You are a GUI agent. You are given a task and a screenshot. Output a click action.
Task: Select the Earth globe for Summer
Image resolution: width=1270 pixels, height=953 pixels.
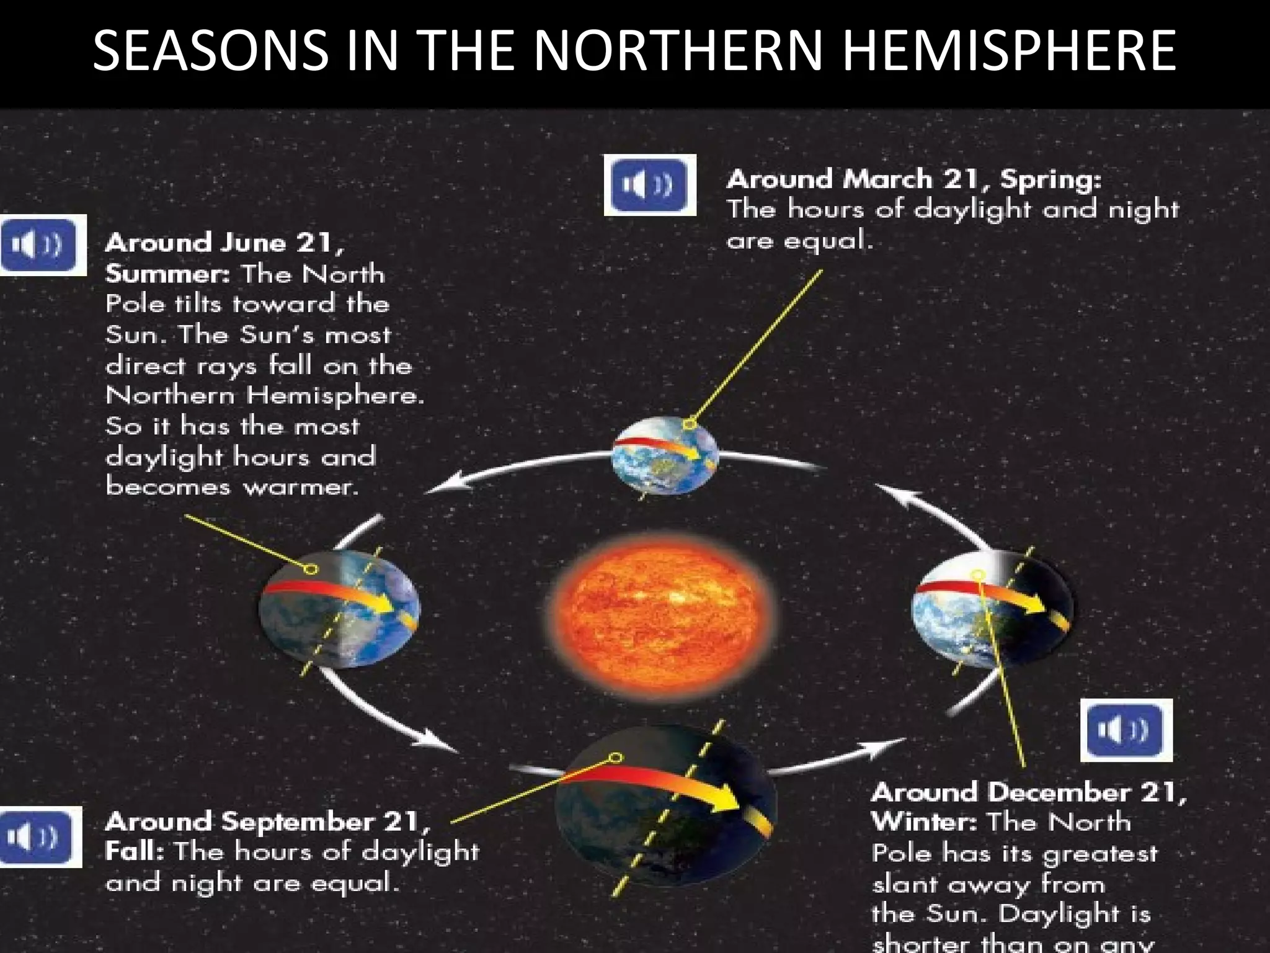tap(339, 609)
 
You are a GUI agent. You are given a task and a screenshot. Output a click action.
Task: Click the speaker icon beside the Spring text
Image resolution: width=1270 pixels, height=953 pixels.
tap(650, 185)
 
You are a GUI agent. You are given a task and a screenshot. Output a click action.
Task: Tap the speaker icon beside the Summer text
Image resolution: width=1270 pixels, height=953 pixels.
tap(43, 244)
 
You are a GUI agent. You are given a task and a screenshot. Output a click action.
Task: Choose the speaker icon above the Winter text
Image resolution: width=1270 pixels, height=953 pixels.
tap(1126, 730)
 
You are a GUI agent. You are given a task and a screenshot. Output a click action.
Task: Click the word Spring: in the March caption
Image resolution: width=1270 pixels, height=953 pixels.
tap(1050, 180)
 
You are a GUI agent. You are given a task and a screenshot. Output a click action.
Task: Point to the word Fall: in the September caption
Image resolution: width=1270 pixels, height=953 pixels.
tap(134, 851)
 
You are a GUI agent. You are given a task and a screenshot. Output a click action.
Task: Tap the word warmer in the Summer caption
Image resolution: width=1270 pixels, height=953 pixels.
tap(300, 488)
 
